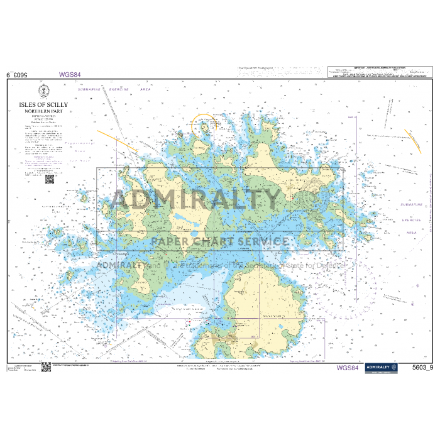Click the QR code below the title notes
tap(49, 179)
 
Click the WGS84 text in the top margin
tap(70, 75)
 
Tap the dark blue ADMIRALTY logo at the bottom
tap(381, 368)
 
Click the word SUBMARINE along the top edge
tap(89, 89)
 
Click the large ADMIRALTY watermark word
tap(195, 200)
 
